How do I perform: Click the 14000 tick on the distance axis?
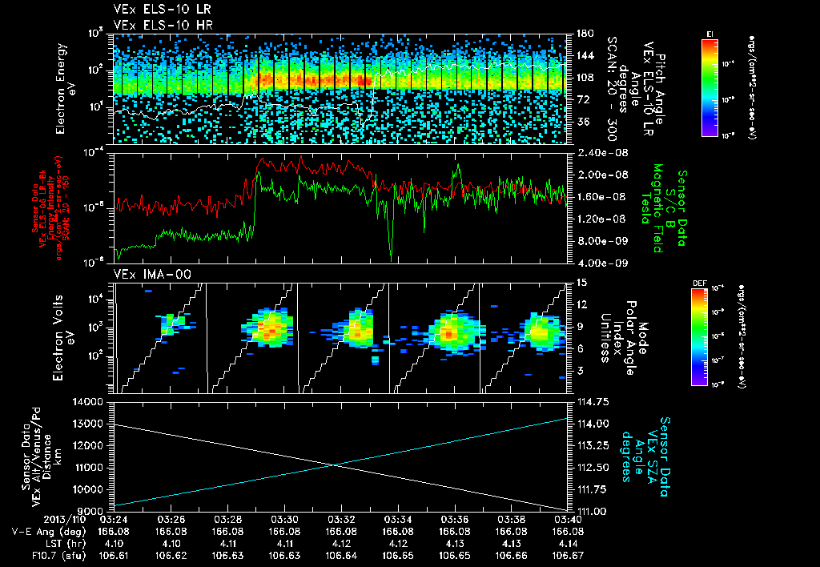click(x=90, y=401)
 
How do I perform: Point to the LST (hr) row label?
click(x=40, y=542)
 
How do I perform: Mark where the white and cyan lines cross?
click(x=335, y=464)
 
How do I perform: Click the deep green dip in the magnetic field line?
click(x=391, y=255)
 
